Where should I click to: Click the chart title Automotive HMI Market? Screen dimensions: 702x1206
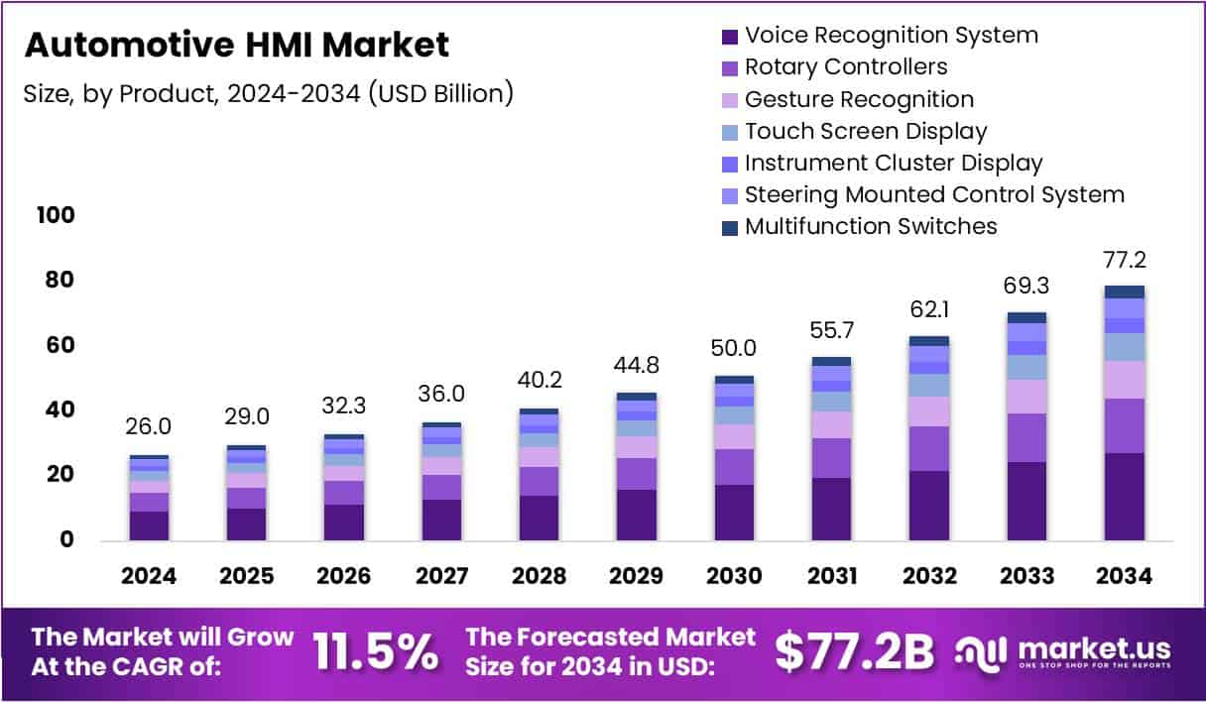coord(236,45)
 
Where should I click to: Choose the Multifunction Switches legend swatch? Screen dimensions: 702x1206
coord(730,227)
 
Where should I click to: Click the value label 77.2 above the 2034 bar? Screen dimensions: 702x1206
coord(1124,261)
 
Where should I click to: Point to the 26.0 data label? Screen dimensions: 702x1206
coord(149,426)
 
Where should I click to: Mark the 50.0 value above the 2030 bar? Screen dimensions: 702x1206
coord(733,348)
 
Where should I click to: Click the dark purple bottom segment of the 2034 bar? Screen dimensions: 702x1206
coord(1124,496)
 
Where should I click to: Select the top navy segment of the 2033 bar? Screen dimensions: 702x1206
coord(1026,317)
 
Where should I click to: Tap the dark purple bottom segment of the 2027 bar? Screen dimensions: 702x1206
coord(440,520)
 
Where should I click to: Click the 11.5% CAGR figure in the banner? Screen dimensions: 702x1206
coord(376,651)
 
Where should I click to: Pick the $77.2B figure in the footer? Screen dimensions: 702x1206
coord(854,651)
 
